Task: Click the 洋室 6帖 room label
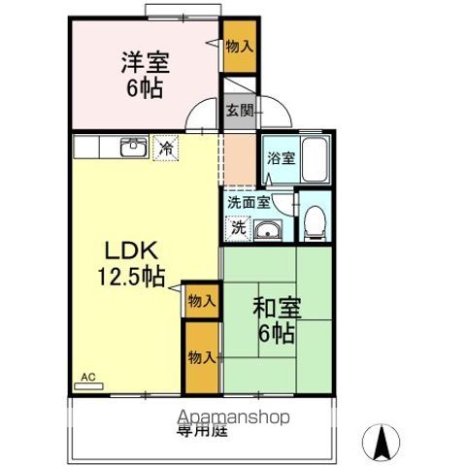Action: (x=145, y=75)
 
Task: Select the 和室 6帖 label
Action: (x=278, y=321)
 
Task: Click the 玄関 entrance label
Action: (x=240, y=111)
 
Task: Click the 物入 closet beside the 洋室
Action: (x=239, y=46)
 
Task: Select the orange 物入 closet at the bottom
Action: (x=200, y=358)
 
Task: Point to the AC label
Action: (x=88, y=377)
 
